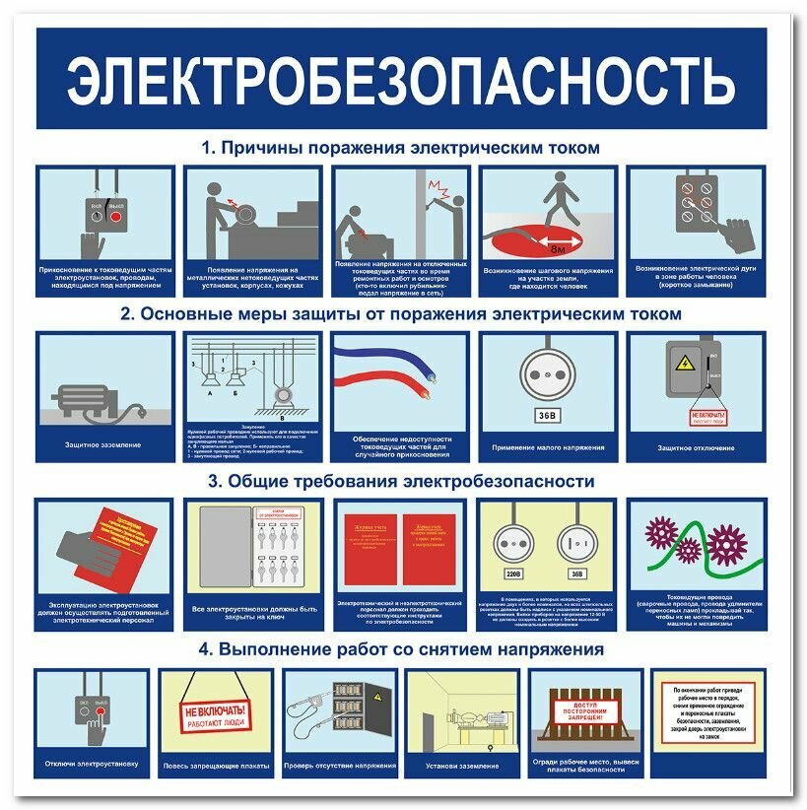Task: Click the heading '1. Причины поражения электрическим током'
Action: (x=400, y=149)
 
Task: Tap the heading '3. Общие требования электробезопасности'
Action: (x=400, y=482)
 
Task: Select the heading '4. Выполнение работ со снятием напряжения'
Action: (x=400, y=649)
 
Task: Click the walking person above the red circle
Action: (x=557, y=197)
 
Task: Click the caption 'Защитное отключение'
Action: (x=696, y=448)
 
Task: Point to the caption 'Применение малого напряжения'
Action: (x=548, y=447)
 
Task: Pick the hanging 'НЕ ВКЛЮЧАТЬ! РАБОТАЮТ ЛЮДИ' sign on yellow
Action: (x=215, y=715)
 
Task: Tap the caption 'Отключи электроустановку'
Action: (x=92, y=764)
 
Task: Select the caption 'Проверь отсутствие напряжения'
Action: (x=340, y=765)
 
